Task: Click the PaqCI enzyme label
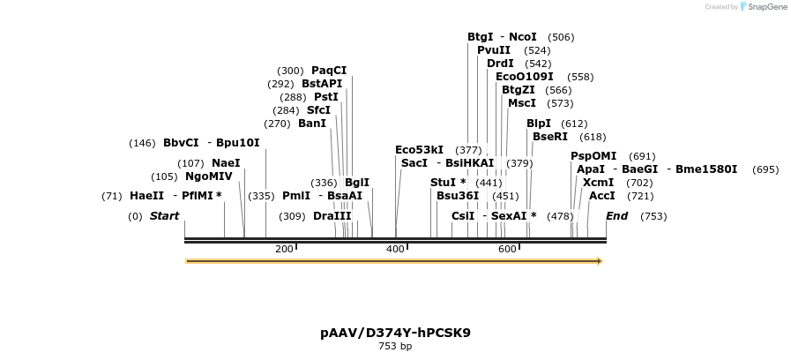pyautogui.click(x=329, y=71)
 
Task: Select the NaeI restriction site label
pyautogui.click(x=226, y=163)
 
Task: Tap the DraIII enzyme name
pyautogui.click(x=332, y=216)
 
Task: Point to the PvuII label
pyautogui.click(x=494, y=50)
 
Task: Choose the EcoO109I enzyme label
pyautogui.click(x=525, y=77)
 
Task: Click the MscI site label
pyautogui.click(x=522, y=103)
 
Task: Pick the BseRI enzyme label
pyautogui.click(x=550, y=137)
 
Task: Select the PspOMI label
pyautogui.click(x=593, y=156)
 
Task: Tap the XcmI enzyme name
pyautogui.click(x=599, y=183)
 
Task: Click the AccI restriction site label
pyautogui.click(x=602, y=196)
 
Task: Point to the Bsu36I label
pyautogui.click(x=458, y=196)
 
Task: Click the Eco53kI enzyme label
pyautogui.click(x=420, y=150)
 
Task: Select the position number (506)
pyautogui.click(x=561, y=37)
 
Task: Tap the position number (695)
pyautogui.click(x=765, y=169)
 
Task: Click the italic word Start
pyautogui.click(x=164, y=216)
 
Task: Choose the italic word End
pyautogui.click(x=616, y=216)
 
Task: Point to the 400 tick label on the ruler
pyautogui.click(x=395, y=250)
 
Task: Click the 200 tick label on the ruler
pyautogui.click(x=284, y=250)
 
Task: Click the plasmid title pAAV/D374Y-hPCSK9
pyautogui.click(x=395, y=333)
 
